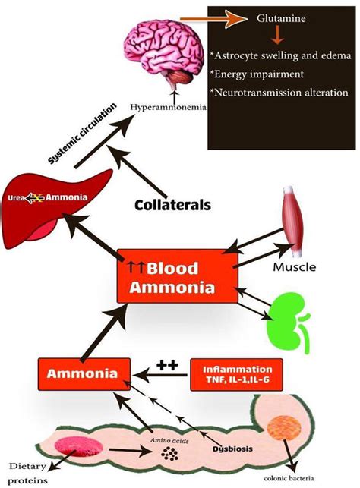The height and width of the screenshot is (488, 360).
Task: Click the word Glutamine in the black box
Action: coord(281,18)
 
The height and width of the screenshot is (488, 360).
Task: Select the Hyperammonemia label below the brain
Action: coord(168,107)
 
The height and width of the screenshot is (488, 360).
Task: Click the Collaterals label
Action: coord(173,204)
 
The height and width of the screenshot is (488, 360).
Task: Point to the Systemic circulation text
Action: coord(83,134)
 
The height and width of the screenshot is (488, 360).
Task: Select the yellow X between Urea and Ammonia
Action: coord(38,197)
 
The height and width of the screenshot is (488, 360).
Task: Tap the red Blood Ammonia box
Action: coord(178,276)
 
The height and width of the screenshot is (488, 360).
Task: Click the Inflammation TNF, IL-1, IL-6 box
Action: coord(237,375)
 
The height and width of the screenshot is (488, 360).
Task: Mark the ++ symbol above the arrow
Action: coord(167,364)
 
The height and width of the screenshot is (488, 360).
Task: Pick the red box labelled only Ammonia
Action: coord(84,374)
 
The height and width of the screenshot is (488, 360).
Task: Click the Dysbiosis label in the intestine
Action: coord(232,449)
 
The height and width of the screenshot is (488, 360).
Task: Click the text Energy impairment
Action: coord(257,74)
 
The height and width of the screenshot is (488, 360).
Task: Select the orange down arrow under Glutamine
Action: coord(277,36)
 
